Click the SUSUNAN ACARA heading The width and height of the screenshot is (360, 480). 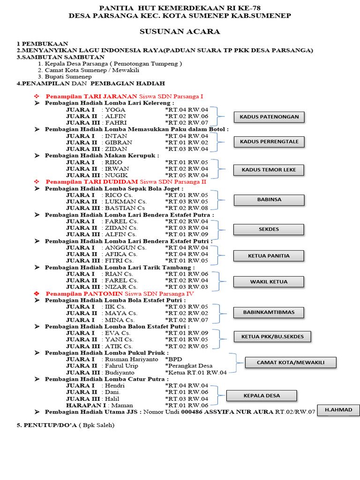180,31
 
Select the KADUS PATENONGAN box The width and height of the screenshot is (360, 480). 269,117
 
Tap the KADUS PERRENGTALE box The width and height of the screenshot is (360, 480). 269,141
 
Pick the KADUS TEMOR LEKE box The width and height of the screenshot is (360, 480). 269,169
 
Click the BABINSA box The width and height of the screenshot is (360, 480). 269,199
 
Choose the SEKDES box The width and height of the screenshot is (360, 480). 269,229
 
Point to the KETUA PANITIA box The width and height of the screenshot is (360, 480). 269,255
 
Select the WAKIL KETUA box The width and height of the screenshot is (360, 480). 269,282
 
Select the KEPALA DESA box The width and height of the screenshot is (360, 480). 262,396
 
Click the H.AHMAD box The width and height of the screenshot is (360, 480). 338,410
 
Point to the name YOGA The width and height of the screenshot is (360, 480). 115,110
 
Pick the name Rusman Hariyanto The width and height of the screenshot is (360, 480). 127,359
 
